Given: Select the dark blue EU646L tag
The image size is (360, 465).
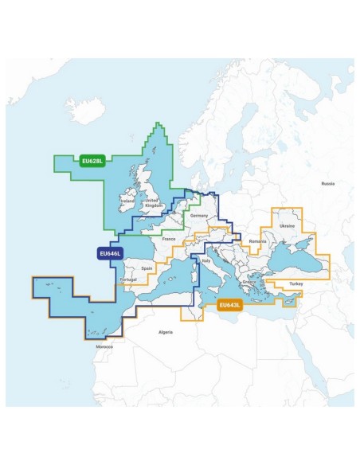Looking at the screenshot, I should [x=108, y=254].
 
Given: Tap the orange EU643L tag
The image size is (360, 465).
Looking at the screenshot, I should [x=229, y=303].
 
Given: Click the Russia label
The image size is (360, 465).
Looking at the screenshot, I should [x=327, y=183].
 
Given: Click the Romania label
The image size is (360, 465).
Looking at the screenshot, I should [x=256, y=241].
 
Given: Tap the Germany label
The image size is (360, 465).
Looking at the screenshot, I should [x=199, y=216].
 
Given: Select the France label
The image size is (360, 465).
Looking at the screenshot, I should [x=168, y=239].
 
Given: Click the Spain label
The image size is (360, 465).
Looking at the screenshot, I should [x=147, y=268].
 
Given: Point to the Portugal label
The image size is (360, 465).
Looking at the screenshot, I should [x=127, y=279].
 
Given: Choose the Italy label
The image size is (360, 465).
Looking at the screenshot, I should [x=206, y=260].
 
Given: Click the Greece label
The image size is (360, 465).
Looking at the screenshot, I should [x=248, y=282].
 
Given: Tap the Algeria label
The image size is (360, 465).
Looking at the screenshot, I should [x=166, y=330].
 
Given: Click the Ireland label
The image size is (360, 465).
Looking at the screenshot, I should [x=126, y=203].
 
